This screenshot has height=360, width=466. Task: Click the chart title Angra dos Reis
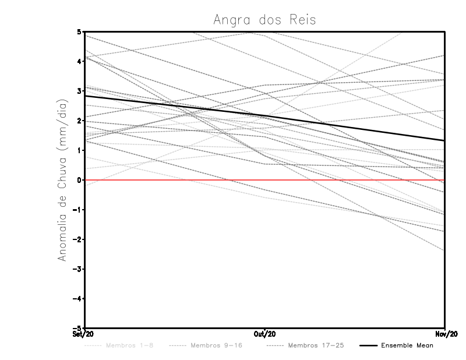point(264,20)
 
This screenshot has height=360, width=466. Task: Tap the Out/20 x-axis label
point(265,334)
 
